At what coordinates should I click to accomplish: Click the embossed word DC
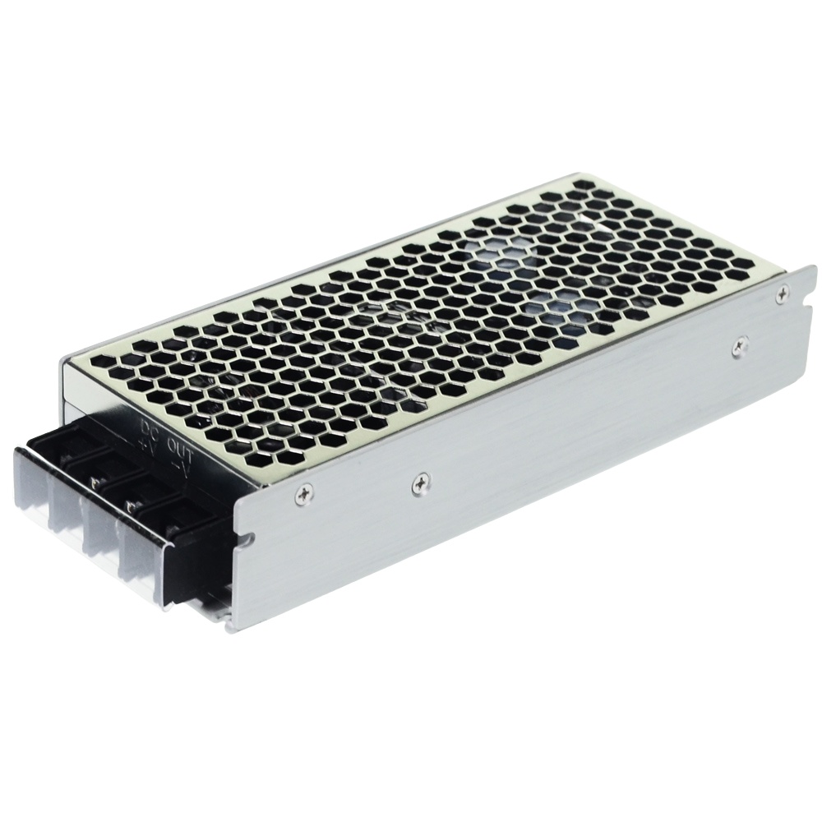point(150,428)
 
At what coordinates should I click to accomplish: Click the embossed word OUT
point(179,448)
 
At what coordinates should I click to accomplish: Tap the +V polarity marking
point(146,445)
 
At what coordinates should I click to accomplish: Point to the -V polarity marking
point(177,465)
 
